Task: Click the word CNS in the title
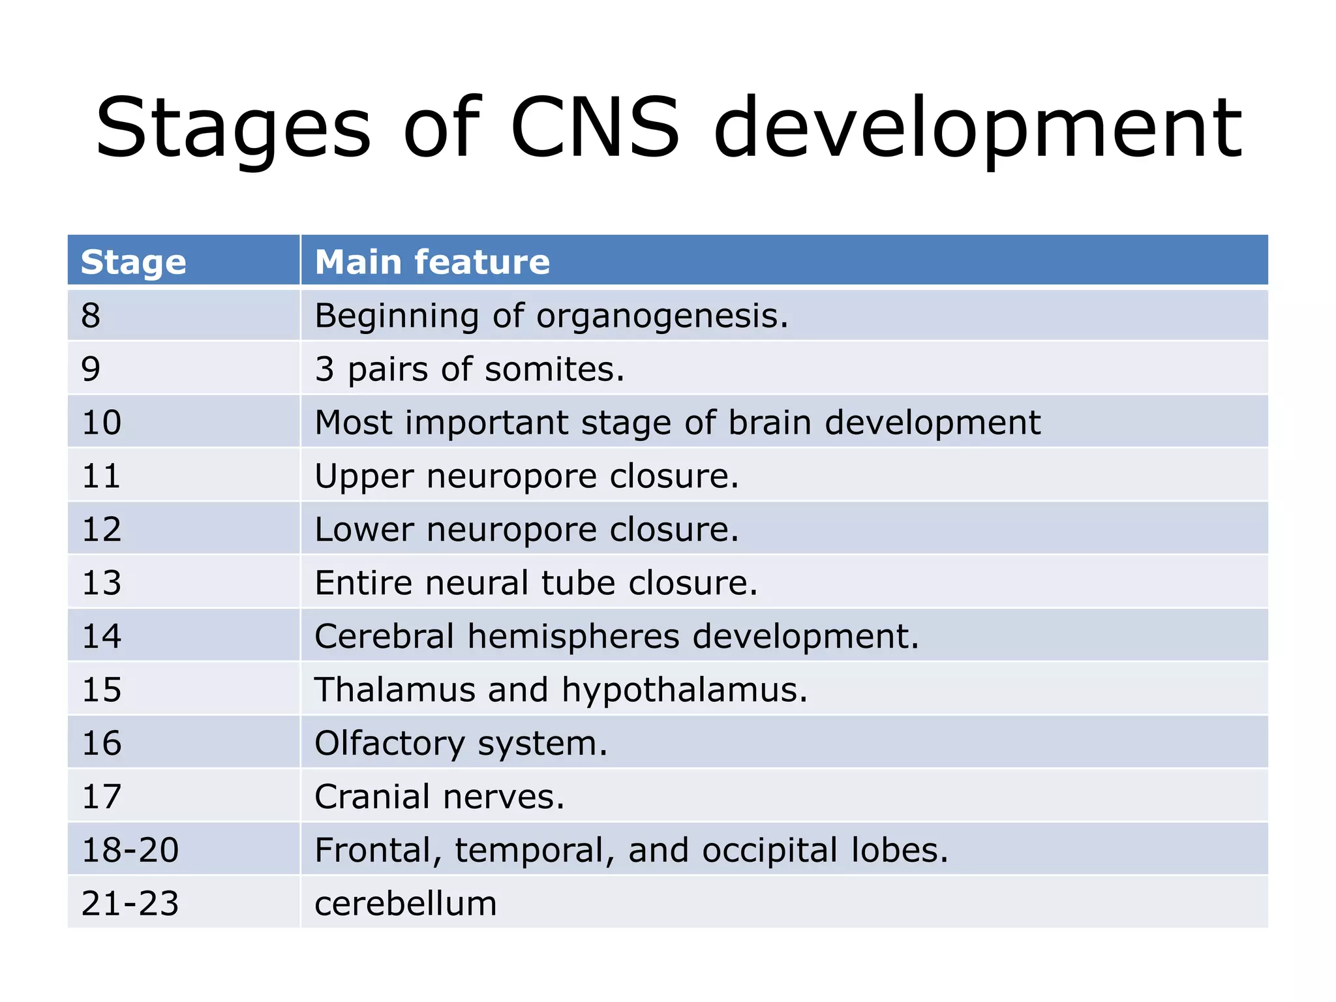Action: coord(595,128)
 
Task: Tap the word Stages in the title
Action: coord(233,128)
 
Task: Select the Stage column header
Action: coord(134,262)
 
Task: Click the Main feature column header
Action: coord(432,262)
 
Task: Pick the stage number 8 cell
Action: coord(91,316)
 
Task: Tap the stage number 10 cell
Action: coord(102,423)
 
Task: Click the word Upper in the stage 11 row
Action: coord(363,476)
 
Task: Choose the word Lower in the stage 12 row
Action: coord(363,529)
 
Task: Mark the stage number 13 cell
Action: coord(102,583)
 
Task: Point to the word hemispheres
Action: coord(573,637)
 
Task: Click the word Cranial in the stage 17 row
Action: coord(372,797)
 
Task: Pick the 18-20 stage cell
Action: coord(130,850)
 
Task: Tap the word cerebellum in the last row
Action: coord(405,903)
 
